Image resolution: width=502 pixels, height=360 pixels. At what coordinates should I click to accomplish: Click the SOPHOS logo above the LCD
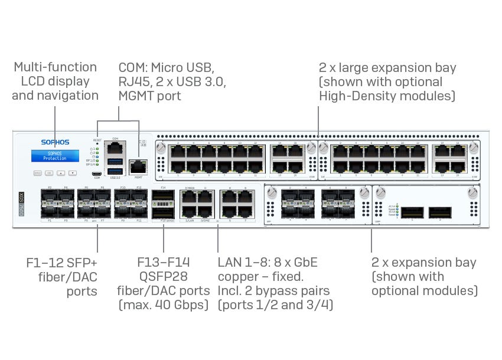click(x=55, y=142)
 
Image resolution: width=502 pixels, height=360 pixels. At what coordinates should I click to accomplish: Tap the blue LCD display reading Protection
click(x=55, y=156)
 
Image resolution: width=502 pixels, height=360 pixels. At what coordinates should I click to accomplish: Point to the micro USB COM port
click(x=97, y=175)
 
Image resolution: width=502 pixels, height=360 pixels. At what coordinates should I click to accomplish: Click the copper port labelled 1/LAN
click(x=190, y=211)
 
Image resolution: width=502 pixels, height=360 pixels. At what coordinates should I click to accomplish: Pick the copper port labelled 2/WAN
click(x=190, y=197)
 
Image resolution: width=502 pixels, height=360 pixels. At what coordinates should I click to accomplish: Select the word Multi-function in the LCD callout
click(x=55, y=67)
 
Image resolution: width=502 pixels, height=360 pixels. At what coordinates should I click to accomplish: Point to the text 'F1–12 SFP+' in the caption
click(x=62, y=262)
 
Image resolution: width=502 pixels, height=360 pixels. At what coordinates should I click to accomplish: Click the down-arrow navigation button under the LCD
click(x=72, y=173)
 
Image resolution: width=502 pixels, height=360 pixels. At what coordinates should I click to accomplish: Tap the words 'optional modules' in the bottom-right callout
click(x=424, y=290)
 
